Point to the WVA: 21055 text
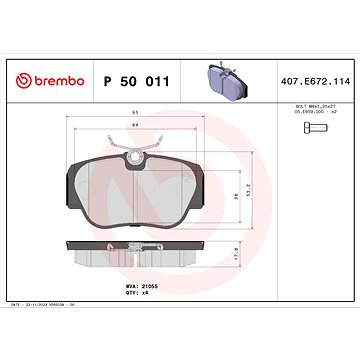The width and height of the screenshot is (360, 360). tap(139, 285)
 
